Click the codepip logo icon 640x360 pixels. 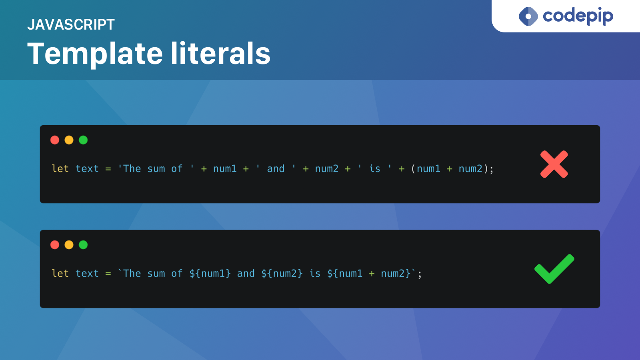528,16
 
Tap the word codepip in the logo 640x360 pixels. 578,16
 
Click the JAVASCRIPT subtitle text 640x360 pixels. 71,25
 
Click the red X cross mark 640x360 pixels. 554,164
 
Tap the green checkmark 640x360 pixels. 554,269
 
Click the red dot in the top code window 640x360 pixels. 55,140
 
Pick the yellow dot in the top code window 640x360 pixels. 69,140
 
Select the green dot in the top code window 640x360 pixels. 83,140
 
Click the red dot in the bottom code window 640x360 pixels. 55,245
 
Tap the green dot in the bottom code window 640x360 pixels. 83,245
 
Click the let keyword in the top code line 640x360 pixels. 60,169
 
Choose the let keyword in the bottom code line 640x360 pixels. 60,274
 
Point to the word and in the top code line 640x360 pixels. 276,169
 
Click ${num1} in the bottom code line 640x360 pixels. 210,274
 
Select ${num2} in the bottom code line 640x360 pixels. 282,274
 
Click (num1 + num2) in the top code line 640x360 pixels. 450,169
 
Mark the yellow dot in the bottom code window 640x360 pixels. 69,245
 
